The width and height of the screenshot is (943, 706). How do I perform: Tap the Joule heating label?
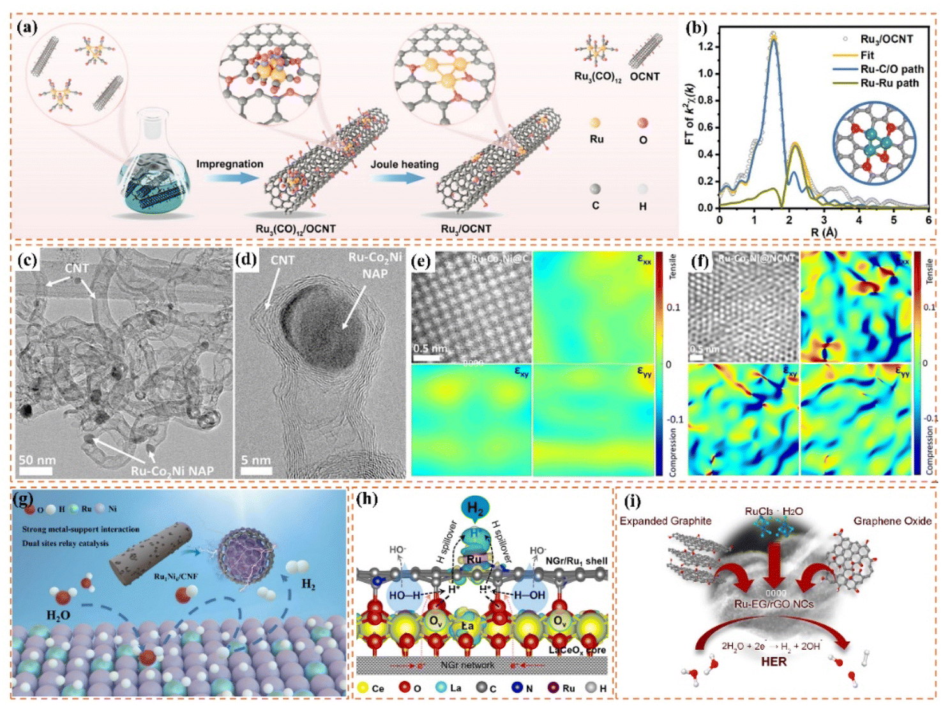pos(404,164)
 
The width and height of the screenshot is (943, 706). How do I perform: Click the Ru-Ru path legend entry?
pos(889,83)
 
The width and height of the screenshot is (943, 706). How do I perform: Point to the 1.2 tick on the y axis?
pos(705,46)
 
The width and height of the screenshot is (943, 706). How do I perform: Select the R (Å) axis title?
pos(824,233)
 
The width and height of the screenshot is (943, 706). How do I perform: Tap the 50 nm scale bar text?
pos(36,460)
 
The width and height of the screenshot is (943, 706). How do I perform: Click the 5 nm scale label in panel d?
pos(255,460)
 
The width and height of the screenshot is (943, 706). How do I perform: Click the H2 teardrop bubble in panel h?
pos(474,509)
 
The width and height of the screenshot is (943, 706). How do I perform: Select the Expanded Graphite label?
pos(665,521)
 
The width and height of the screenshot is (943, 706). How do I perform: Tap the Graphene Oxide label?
pos(892,521)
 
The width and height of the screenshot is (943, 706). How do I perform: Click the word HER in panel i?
pos(773,662)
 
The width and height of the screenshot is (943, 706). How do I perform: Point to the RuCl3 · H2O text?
pos(774,511)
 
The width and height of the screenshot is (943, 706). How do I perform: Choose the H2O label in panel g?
pos(58,615)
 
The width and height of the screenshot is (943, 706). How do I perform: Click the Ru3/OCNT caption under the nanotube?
pos(466,229)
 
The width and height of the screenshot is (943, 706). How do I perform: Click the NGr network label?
pos(467,665)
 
